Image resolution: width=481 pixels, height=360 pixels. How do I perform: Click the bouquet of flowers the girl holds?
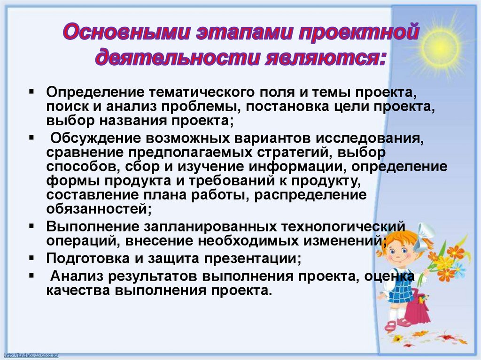pos(446,263)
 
